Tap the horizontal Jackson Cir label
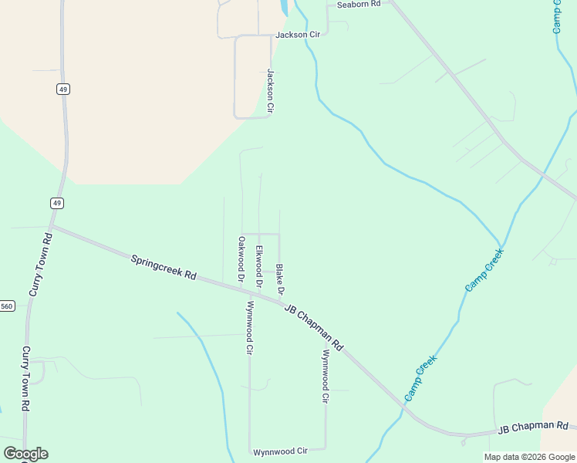(298, 35)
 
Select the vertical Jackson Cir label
(271, 92)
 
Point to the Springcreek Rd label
(164, 268)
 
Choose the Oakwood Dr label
(241, 259)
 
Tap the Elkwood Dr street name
(260, 266)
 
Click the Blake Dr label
(280, 279)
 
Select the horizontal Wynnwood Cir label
(281, 451)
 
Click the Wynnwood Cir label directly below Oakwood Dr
(249, 327)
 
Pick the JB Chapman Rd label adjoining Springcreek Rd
(313, 326)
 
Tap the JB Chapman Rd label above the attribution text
(533, 427)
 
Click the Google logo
(25, 454)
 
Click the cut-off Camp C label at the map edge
(557, 16)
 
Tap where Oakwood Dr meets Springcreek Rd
(241, 287)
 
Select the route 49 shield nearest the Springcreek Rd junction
(57, 203)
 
